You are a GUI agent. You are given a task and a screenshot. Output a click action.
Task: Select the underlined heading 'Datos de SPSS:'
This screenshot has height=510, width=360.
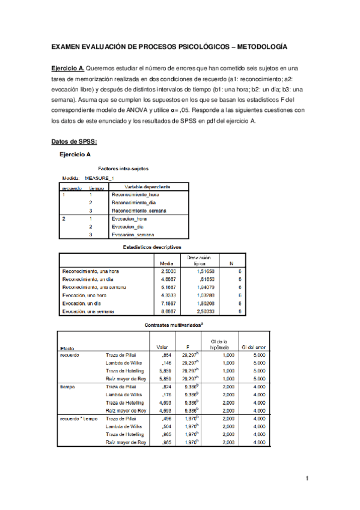click(74, 142)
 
